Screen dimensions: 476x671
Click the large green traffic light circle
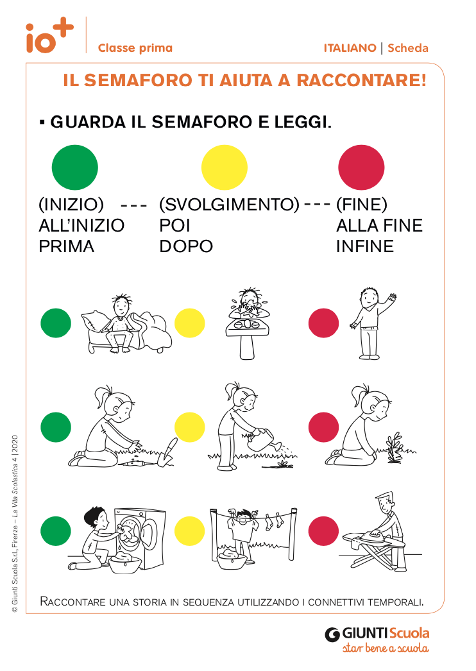click(75, 167)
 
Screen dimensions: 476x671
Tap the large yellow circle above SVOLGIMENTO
click(225, 167)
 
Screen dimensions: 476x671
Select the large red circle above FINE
click(361, 167)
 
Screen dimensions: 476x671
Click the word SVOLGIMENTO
click(230, 205)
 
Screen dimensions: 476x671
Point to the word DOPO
click(186, 246)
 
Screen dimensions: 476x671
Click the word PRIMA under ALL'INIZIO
click(66, 246)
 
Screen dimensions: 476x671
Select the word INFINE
click(365, 246)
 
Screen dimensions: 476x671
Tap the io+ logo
click(49, 35)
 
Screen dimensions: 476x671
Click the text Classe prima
click(135, 48)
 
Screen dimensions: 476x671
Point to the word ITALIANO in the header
click(350, 48)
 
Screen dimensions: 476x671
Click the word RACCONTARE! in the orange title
click(361, 80)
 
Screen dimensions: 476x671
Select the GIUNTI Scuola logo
click(377, 640)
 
